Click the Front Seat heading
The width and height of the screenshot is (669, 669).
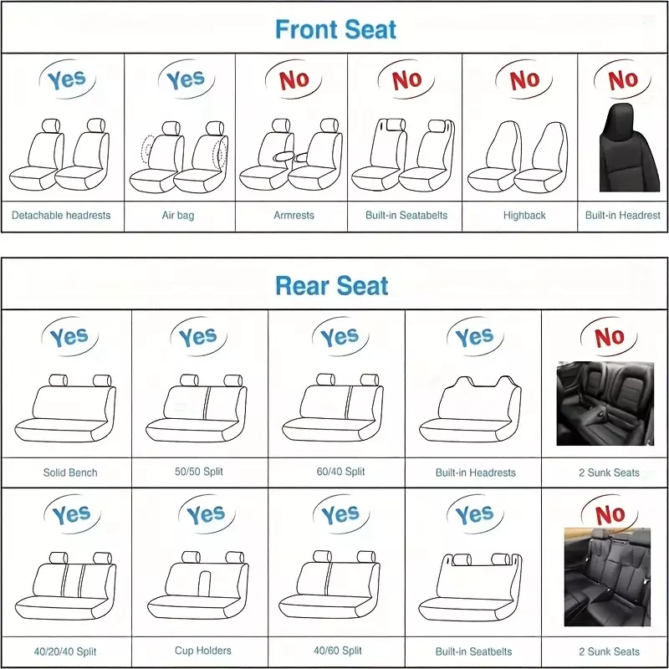click(x=335, y=29)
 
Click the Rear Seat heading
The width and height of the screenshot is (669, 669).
click(x=331, y=285)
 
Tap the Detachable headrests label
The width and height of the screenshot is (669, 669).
click(x=61, y=216)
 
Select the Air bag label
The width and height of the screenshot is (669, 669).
click(x=178, y=216)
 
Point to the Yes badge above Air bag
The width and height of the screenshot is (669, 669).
click(x=186, y=79)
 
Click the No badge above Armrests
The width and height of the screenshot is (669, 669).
click(x=294, y=79)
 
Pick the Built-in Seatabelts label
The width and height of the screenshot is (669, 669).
click(x=406, y=216)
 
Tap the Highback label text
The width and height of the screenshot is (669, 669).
click(x=524, y=216)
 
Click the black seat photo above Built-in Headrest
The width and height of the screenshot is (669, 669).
click(x=629, y=147)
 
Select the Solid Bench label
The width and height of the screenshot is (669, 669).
click(x=70, y=472)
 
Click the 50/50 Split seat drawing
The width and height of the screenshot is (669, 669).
click(x=197, y=408)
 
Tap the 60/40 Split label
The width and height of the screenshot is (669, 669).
click(x=340, y=472)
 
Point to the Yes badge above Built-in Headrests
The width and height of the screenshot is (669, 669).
click(x=475, y=337)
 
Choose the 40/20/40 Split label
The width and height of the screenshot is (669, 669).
click(x=65, y=651)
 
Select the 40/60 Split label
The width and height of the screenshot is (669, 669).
click(x=338, y=651)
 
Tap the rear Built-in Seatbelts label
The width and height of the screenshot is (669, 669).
click(x=473, y=651)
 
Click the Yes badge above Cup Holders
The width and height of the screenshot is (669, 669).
click(x=207, y=514)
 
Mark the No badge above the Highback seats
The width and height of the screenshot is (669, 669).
click(x=524, y=79)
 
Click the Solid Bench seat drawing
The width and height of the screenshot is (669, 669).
click(x=65, y=408)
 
